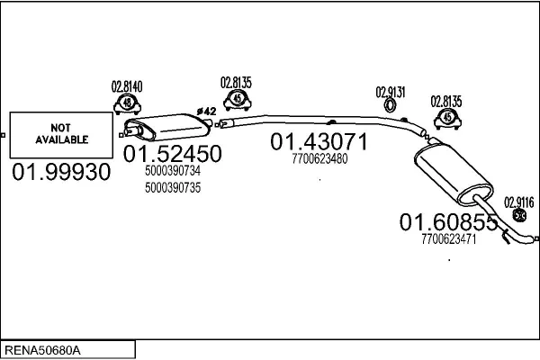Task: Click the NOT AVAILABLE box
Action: pyautogui.click(x=62, y=134)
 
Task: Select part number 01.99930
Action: pyautogui.click(x=61, y=171)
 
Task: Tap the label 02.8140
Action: pyautogui.click(x=127, y=86)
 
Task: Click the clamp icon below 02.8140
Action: pyautogui.click(x=127, y=105)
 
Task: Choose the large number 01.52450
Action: pyautogui.click(x=172, y=154)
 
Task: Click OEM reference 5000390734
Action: pyautogui.click(x=172, y=170)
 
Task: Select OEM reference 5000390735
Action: pyautogui.click(x=172, y=187)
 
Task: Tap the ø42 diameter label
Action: pyautogui.click(x=206, y=111)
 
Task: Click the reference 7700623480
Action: pyautogui.click(x=319, y=158)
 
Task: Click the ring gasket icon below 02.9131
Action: pyautogui.click(x=391, y=107)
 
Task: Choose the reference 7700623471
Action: pyautogui.click(x=447, y=238)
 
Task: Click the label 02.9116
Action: pyautogui.click(x=519, y=202)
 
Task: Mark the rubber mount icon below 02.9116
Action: pyautogui.click(x=519, y=216)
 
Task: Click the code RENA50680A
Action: pyautogui.click(x=42, y=348)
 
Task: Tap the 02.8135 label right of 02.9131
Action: pyautogui.click(x=445, y=101)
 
